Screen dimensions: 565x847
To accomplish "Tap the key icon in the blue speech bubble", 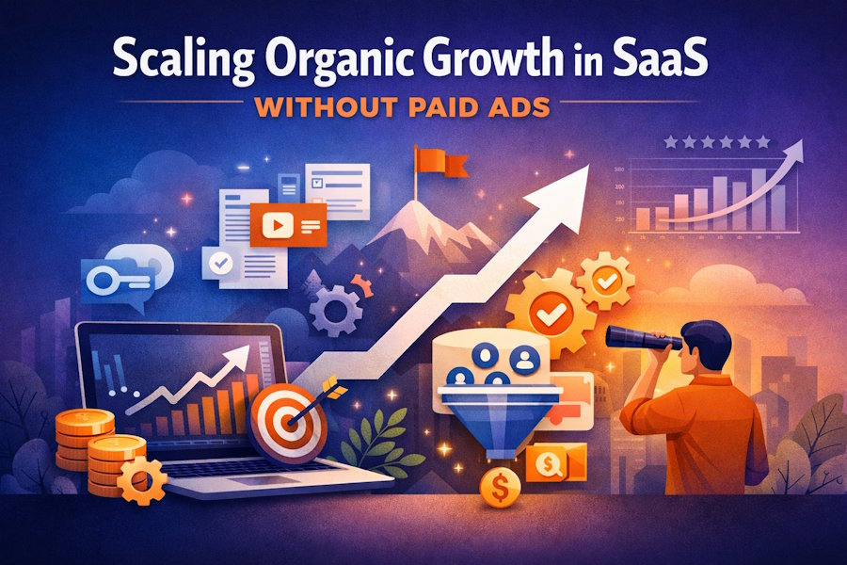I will [117, 278].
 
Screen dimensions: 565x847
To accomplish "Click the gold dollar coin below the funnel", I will [499, 490].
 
